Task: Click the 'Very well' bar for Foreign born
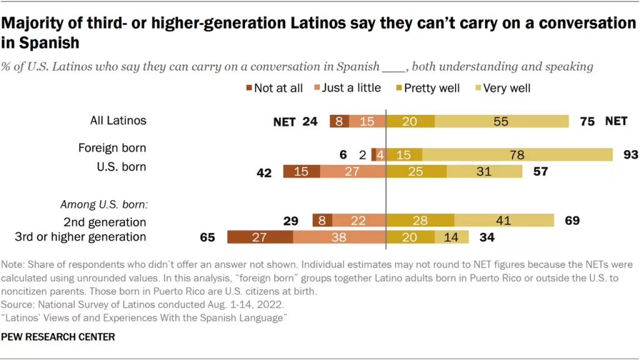[x=517, y=154]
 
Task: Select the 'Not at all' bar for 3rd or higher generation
[x=260, y=237]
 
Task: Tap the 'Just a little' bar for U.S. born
[x=352, y=171]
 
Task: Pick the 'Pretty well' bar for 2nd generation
[x=420, y=220]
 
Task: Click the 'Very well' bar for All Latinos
[x=501, y=121]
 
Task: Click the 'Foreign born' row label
[x=112, y=148]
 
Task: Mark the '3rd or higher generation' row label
[x=80, y=237]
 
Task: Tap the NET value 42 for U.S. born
[x=264, y=172]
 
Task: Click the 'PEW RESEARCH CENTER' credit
[x=59, y=337]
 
